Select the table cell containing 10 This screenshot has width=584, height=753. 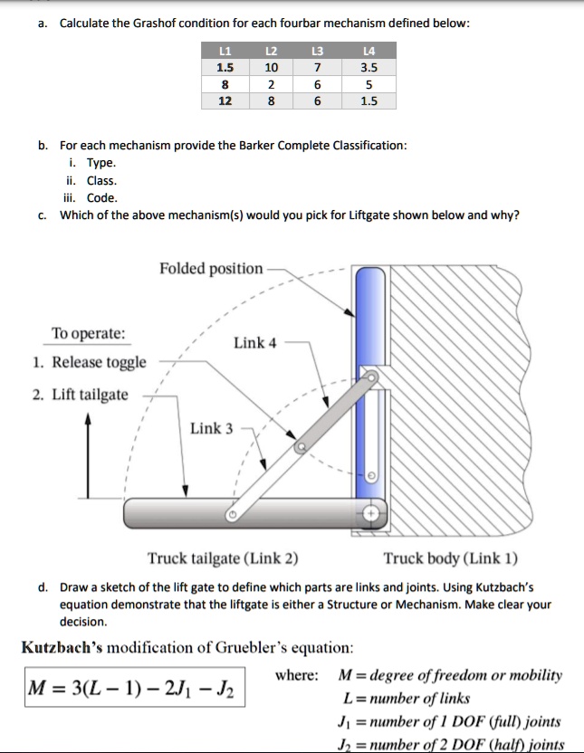(x=268, y=68)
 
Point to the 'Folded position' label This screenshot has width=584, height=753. (x=211, y=269)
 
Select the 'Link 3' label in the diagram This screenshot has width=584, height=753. (x=211, y=427)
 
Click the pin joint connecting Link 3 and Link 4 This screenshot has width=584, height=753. (x=302, y=446)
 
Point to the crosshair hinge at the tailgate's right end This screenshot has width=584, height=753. (x=371, y=513)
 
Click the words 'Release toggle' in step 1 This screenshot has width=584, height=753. (x=99, y=363)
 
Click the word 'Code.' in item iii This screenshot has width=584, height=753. (x=101, y=197)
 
